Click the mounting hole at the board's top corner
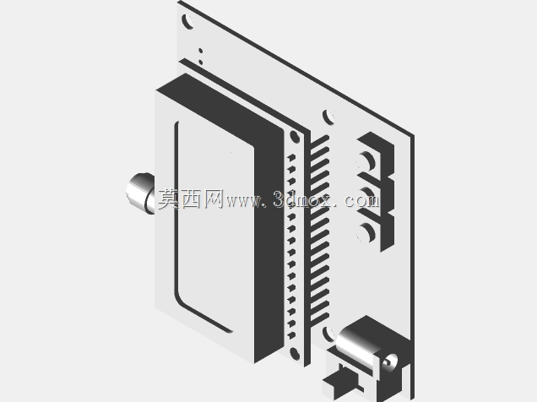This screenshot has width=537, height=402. (x=188, y=21)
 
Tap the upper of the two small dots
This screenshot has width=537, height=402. (x=200, y=51)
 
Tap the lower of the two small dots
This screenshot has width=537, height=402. (x=200, y=62)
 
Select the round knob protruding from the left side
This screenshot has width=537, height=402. (x=140, y=193)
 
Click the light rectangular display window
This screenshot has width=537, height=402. (x=215, y=226)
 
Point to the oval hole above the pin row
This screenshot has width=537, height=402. (x=295, y=137)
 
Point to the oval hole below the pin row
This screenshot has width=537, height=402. (x=295, y=353)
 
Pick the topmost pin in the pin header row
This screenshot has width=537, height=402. (x=291, y=158)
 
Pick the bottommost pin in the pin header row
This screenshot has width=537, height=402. (x=291, y=335)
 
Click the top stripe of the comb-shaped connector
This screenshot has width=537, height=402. (x=319, y=141)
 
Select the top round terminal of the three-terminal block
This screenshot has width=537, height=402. (x=366, y=161)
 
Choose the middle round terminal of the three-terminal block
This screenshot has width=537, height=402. (x=366, y=197)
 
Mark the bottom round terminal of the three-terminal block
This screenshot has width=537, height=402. (x=366, y=233)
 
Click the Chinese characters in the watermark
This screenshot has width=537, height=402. (x=191, y=198)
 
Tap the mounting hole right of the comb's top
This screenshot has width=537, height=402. (x=328, y=117)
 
